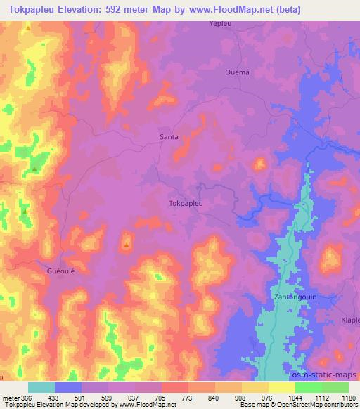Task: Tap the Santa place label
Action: (169, 136)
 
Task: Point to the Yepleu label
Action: (220, 23)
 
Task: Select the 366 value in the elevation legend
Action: (28, 398)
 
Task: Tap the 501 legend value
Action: (82, 398)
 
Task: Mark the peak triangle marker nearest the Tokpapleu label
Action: (127, 245)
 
